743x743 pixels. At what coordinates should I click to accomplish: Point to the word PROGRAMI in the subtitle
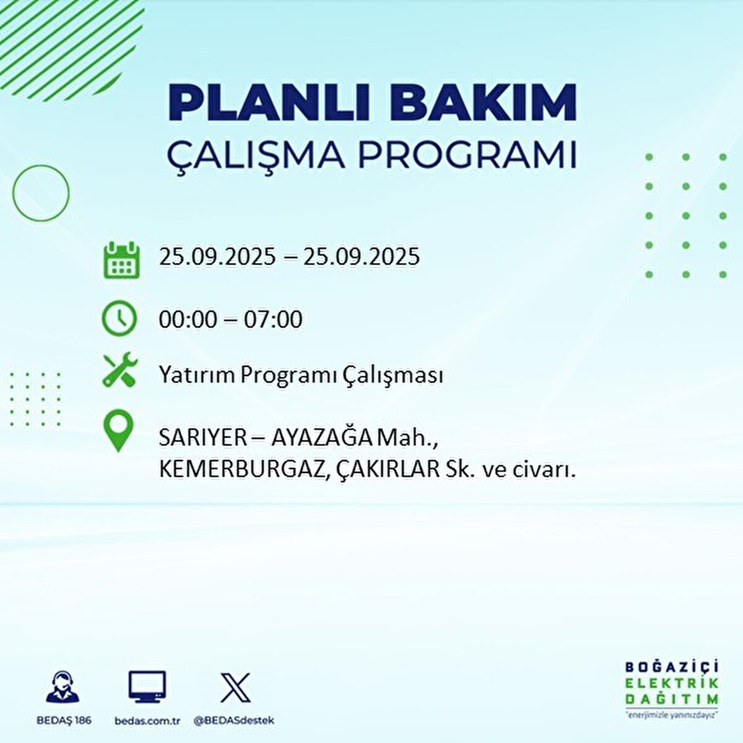point(468,155)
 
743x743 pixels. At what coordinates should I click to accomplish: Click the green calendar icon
point(121,259)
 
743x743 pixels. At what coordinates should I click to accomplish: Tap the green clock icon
point(119,318)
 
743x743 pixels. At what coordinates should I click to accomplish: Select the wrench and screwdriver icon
point(120,371)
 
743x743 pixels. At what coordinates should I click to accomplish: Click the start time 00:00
point(188,319)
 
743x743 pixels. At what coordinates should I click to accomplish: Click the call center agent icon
point(63,687)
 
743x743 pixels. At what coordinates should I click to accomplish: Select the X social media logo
point(235,687)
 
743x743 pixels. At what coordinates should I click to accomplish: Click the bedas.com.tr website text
point(147,721)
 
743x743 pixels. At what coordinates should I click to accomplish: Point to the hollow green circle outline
point(41,193)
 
